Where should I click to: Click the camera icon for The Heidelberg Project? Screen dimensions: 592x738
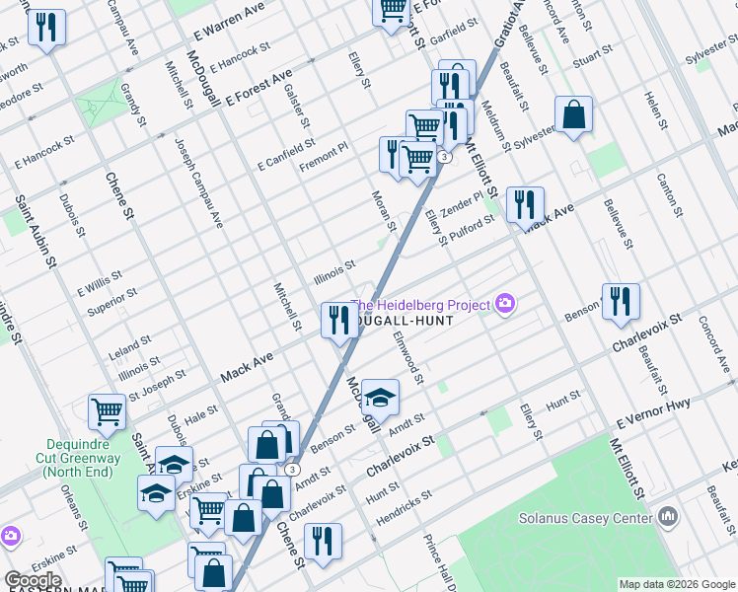click(506, 304)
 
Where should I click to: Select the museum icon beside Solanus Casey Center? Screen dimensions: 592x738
click(668, 516)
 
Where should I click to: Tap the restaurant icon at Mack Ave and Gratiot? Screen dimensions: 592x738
click(338, 319)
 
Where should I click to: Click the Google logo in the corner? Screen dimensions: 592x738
click(33, 580)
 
